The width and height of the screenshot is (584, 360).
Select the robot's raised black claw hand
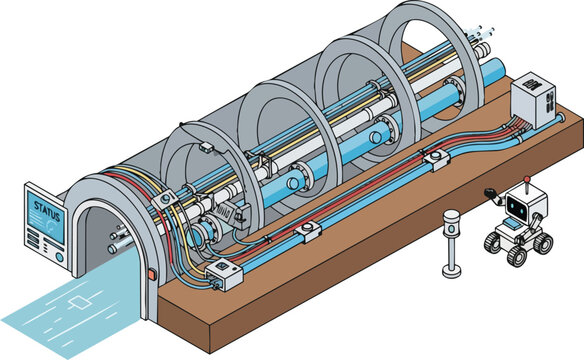point(491,190)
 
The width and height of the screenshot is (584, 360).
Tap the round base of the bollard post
point(451,271)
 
